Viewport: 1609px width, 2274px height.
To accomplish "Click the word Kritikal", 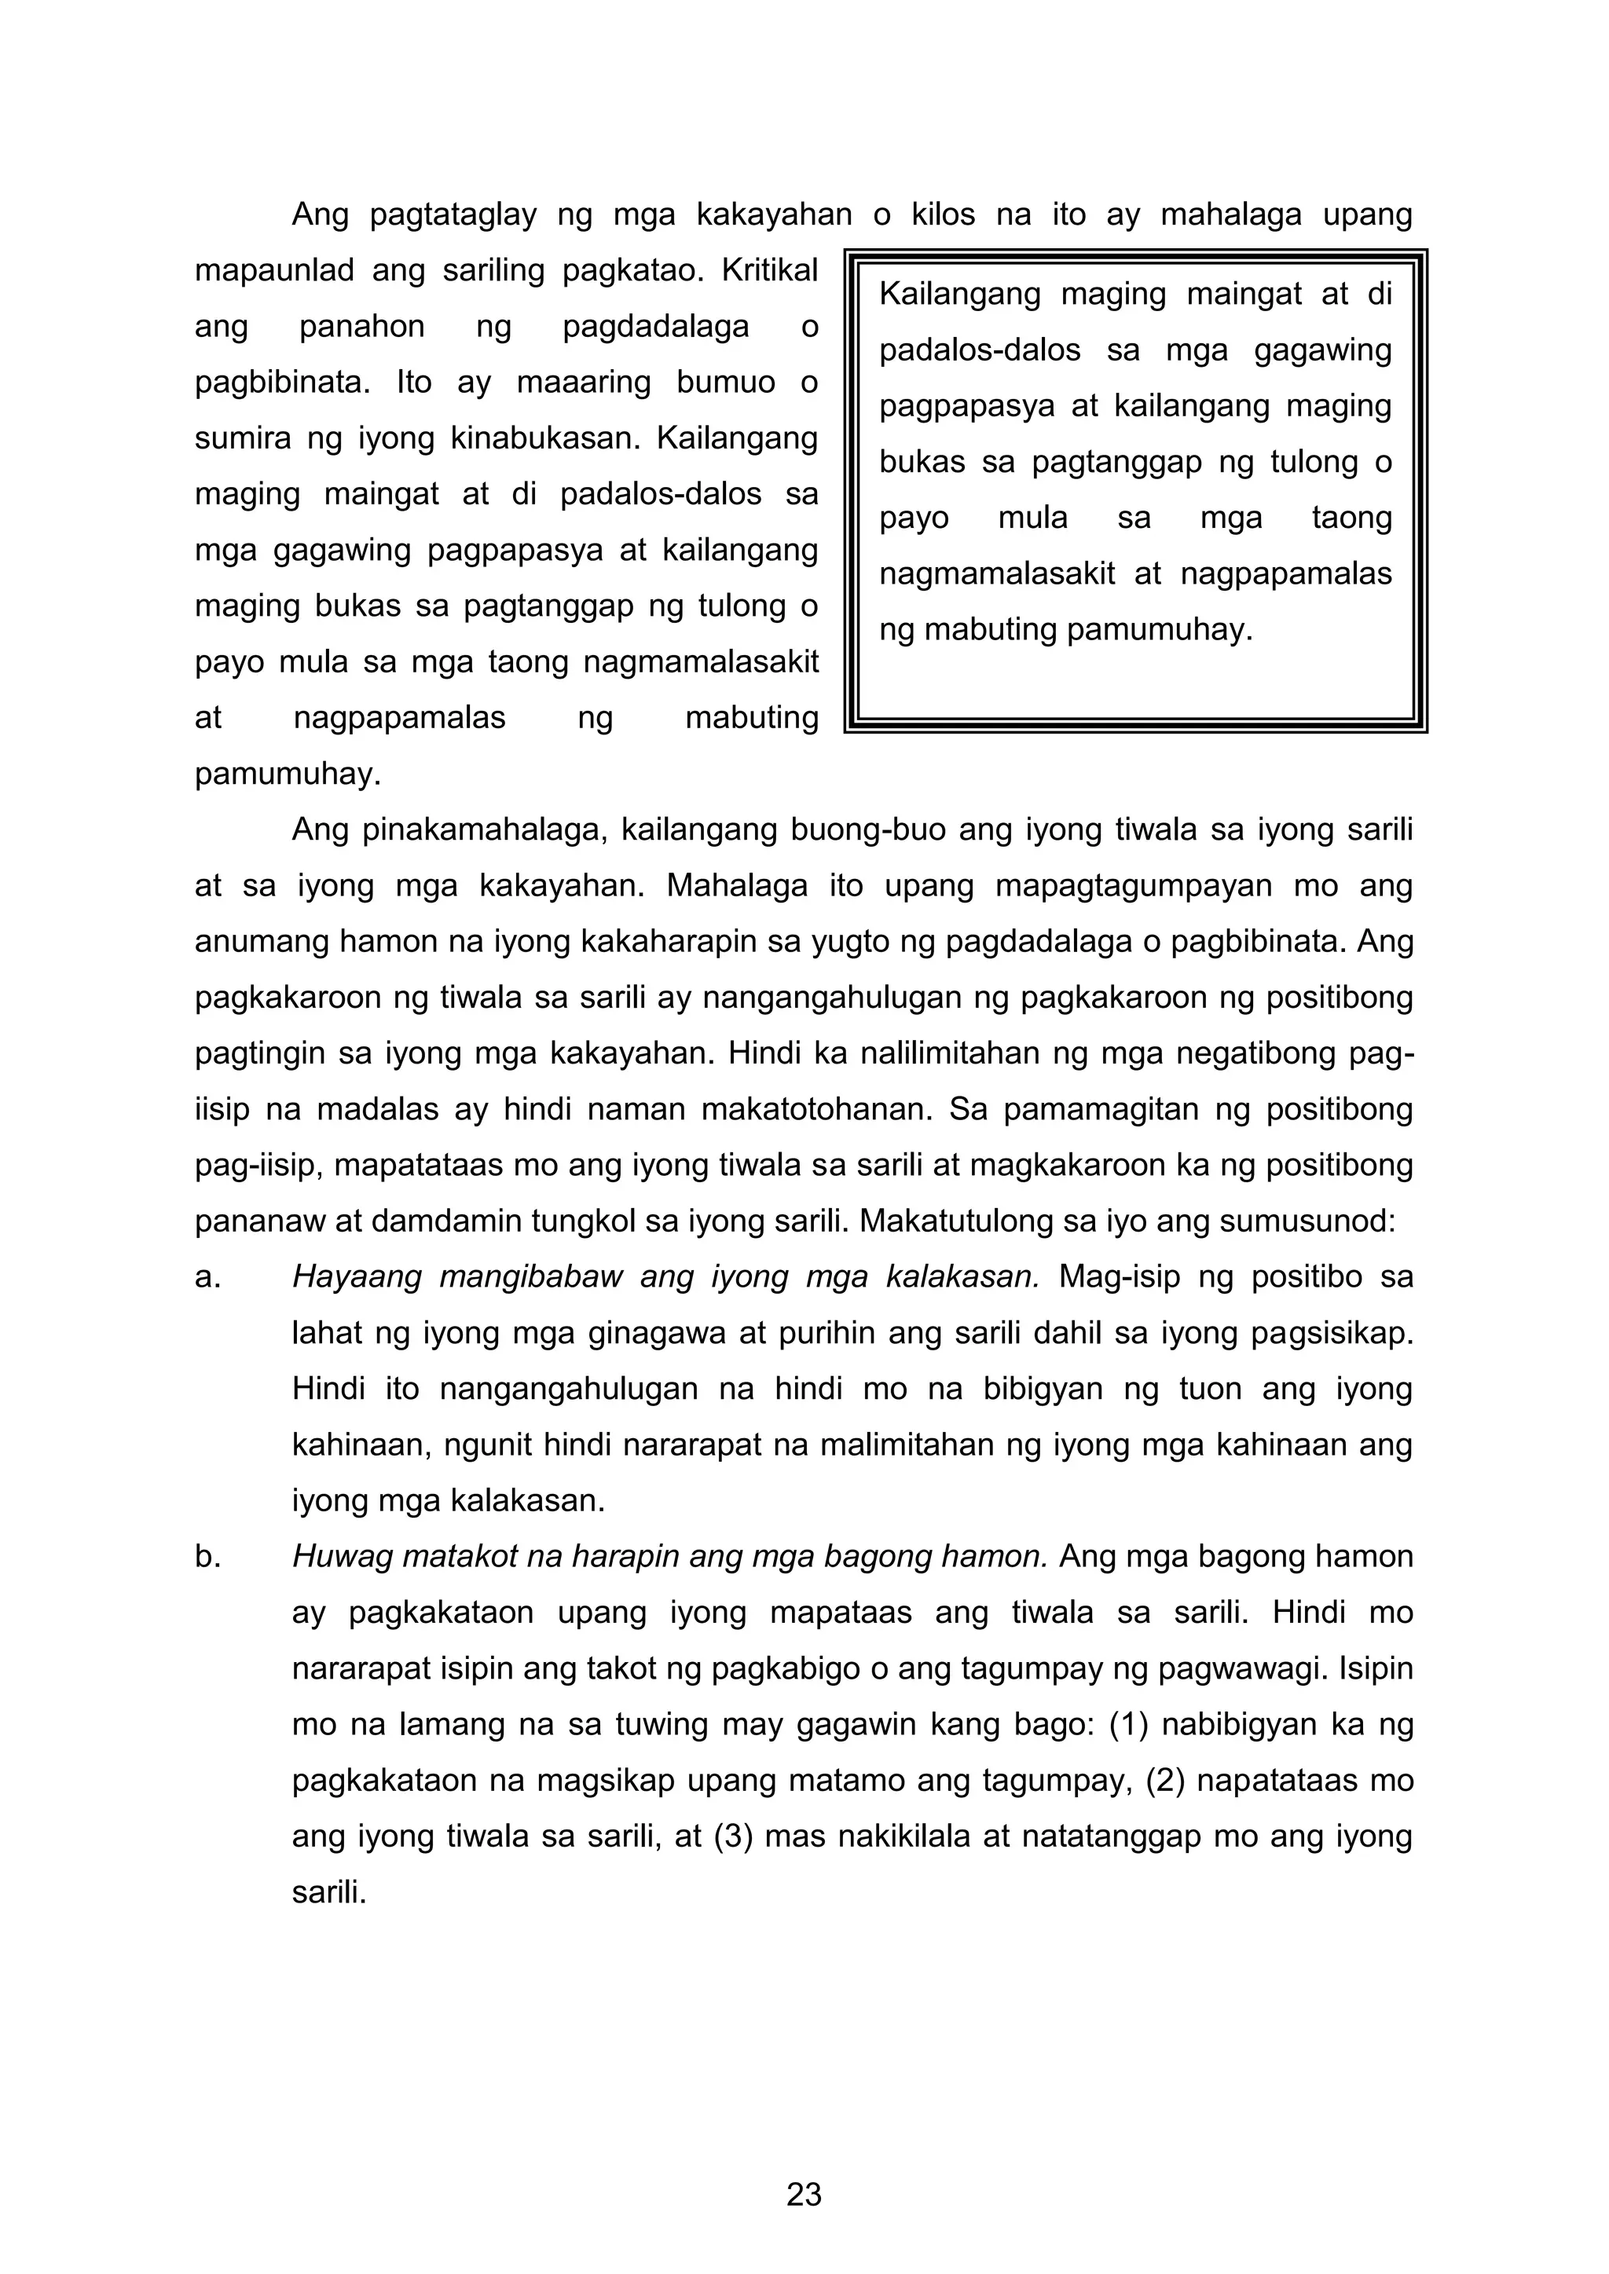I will pos(770,269).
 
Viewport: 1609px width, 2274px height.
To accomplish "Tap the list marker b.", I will pos(207,1557).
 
